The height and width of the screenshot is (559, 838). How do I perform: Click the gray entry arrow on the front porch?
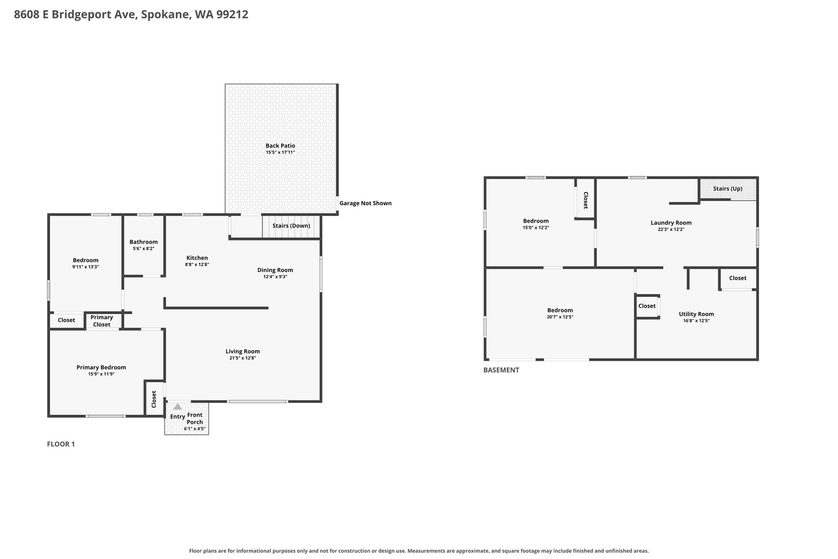tap(178, 407)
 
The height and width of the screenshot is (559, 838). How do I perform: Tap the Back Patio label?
tap(280, 146)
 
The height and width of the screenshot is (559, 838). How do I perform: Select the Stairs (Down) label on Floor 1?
tap(291, 226)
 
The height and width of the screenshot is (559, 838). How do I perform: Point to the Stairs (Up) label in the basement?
tap(728, 189)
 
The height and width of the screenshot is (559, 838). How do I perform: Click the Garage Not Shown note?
tap(365, 203)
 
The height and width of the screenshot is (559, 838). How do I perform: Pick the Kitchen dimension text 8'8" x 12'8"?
tap(197, 265)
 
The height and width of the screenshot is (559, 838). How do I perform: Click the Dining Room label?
tap(275, 270)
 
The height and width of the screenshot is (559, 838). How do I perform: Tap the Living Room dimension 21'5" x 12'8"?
tap(243, 358)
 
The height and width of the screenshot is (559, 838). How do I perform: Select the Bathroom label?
tap(144, 242)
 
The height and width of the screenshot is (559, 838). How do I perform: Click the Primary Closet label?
tap(101, 321)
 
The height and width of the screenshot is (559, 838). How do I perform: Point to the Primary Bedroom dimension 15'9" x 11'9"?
tap(101, 374)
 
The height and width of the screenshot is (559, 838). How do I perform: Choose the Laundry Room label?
tap(671, 223)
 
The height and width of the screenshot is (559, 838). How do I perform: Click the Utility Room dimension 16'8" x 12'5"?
tap(696, 321)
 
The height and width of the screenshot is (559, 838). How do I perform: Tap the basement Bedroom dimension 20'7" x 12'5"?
tap(560, 317)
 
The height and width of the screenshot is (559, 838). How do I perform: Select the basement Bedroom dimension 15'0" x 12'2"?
tap(536, 227)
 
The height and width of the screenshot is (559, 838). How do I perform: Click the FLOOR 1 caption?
tap(61, 444)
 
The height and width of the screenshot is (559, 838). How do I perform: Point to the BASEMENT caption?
tap(501, 370)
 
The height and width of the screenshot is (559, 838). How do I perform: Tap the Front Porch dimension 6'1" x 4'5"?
tap(195, 429)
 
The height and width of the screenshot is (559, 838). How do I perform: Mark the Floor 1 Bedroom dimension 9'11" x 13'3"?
tap(86, 267)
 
